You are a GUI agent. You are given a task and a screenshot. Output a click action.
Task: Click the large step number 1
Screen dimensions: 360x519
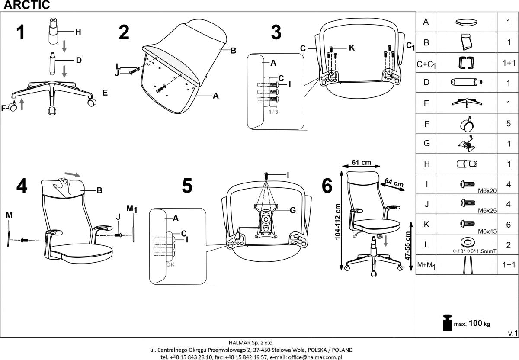(x=20, y=32)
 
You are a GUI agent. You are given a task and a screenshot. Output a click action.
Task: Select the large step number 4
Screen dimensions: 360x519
(x=22, y=186)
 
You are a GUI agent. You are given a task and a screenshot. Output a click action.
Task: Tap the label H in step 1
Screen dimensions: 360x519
(x=78, y=32)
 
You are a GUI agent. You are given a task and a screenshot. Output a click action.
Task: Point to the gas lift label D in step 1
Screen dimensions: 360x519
(x=78, y=61)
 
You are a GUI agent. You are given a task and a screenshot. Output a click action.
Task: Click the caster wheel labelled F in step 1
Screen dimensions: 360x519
(x=13, y=107)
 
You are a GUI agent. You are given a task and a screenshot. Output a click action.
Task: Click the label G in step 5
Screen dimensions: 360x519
(x=292, y=211)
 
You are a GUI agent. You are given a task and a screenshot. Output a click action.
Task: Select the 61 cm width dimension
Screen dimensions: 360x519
(x=361, y=163)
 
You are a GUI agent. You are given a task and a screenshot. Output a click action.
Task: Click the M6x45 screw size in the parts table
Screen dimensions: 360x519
(x=486, y=231)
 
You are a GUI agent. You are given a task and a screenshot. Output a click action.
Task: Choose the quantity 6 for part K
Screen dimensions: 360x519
(x=509, y=225)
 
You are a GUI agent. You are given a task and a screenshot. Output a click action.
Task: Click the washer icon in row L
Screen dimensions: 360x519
(x=467, y=241)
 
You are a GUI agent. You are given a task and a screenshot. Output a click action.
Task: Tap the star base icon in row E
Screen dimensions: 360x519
(x=467, y=103)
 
